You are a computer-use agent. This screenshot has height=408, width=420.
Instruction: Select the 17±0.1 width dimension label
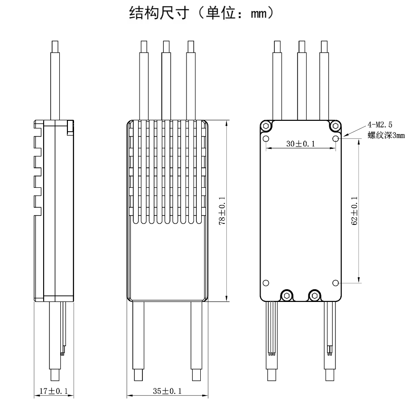53,391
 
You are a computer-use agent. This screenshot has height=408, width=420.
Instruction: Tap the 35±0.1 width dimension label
167,391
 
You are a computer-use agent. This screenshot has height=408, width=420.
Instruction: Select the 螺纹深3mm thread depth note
386,136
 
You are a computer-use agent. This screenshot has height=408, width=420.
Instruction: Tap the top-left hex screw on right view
266,126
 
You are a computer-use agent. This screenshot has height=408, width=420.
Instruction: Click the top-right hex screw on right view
336,126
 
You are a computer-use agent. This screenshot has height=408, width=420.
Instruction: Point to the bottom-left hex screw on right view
286,295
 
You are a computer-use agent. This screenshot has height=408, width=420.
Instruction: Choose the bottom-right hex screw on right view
314,295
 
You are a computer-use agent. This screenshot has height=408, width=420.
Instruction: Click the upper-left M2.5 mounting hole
266,139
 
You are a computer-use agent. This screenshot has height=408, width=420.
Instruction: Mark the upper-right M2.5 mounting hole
336,139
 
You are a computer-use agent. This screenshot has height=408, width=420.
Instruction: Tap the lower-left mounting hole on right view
266,282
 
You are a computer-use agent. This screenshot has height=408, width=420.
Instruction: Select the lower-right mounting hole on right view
336,282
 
